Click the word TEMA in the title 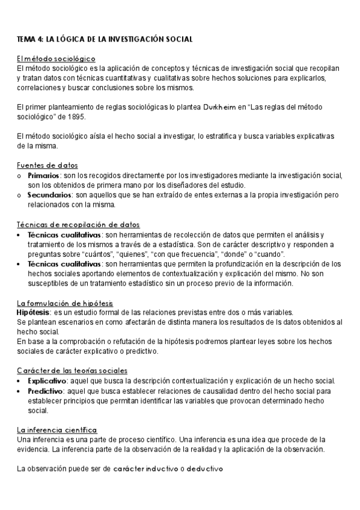coord(26,39)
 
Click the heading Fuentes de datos coord(47,165)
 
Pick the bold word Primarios coord(44,175)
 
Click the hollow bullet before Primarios coord(20,176)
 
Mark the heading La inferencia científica coord(56,430)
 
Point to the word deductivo coord(205,469)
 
